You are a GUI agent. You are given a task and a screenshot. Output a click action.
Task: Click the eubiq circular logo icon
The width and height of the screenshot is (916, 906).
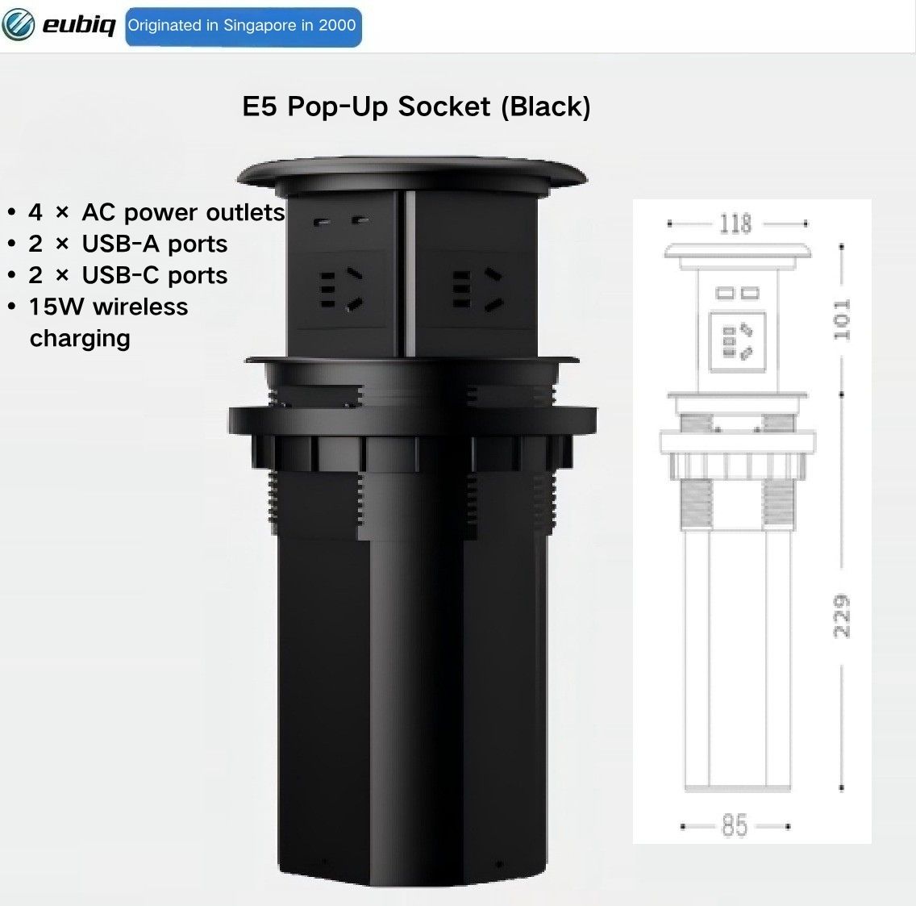coord(18,25)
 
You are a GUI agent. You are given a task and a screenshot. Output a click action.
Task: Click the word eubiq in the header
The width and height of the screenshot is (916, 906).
coord(79,26)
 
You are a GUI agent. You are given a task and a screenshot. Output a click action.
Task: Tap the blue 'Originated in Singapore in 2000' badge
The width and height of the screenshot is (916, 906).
coord(243,27)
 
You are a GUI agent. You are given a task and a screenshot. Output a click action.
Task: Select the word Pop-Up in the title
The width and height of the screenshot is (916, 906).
coord(339,107)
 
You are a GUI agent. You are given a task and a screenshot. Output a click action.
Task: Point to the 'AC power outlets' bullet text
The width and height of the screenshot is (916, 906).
coord(183,212)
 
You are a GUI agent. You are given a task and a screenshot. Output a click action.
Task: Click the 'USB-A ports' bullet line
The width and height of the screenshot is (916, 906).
coord(128,244)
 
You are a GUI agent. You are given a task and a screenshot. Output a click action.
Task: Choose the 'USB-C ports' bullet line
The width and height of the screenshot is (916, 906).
coord(128,275)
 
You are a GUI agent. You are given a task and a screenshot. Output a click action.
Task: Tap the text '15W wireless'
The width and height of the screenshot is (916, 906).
coord(109,307)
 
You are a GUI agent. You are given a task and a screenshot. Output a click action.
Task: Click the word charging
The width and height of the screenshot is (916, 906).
coord(80,339)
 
